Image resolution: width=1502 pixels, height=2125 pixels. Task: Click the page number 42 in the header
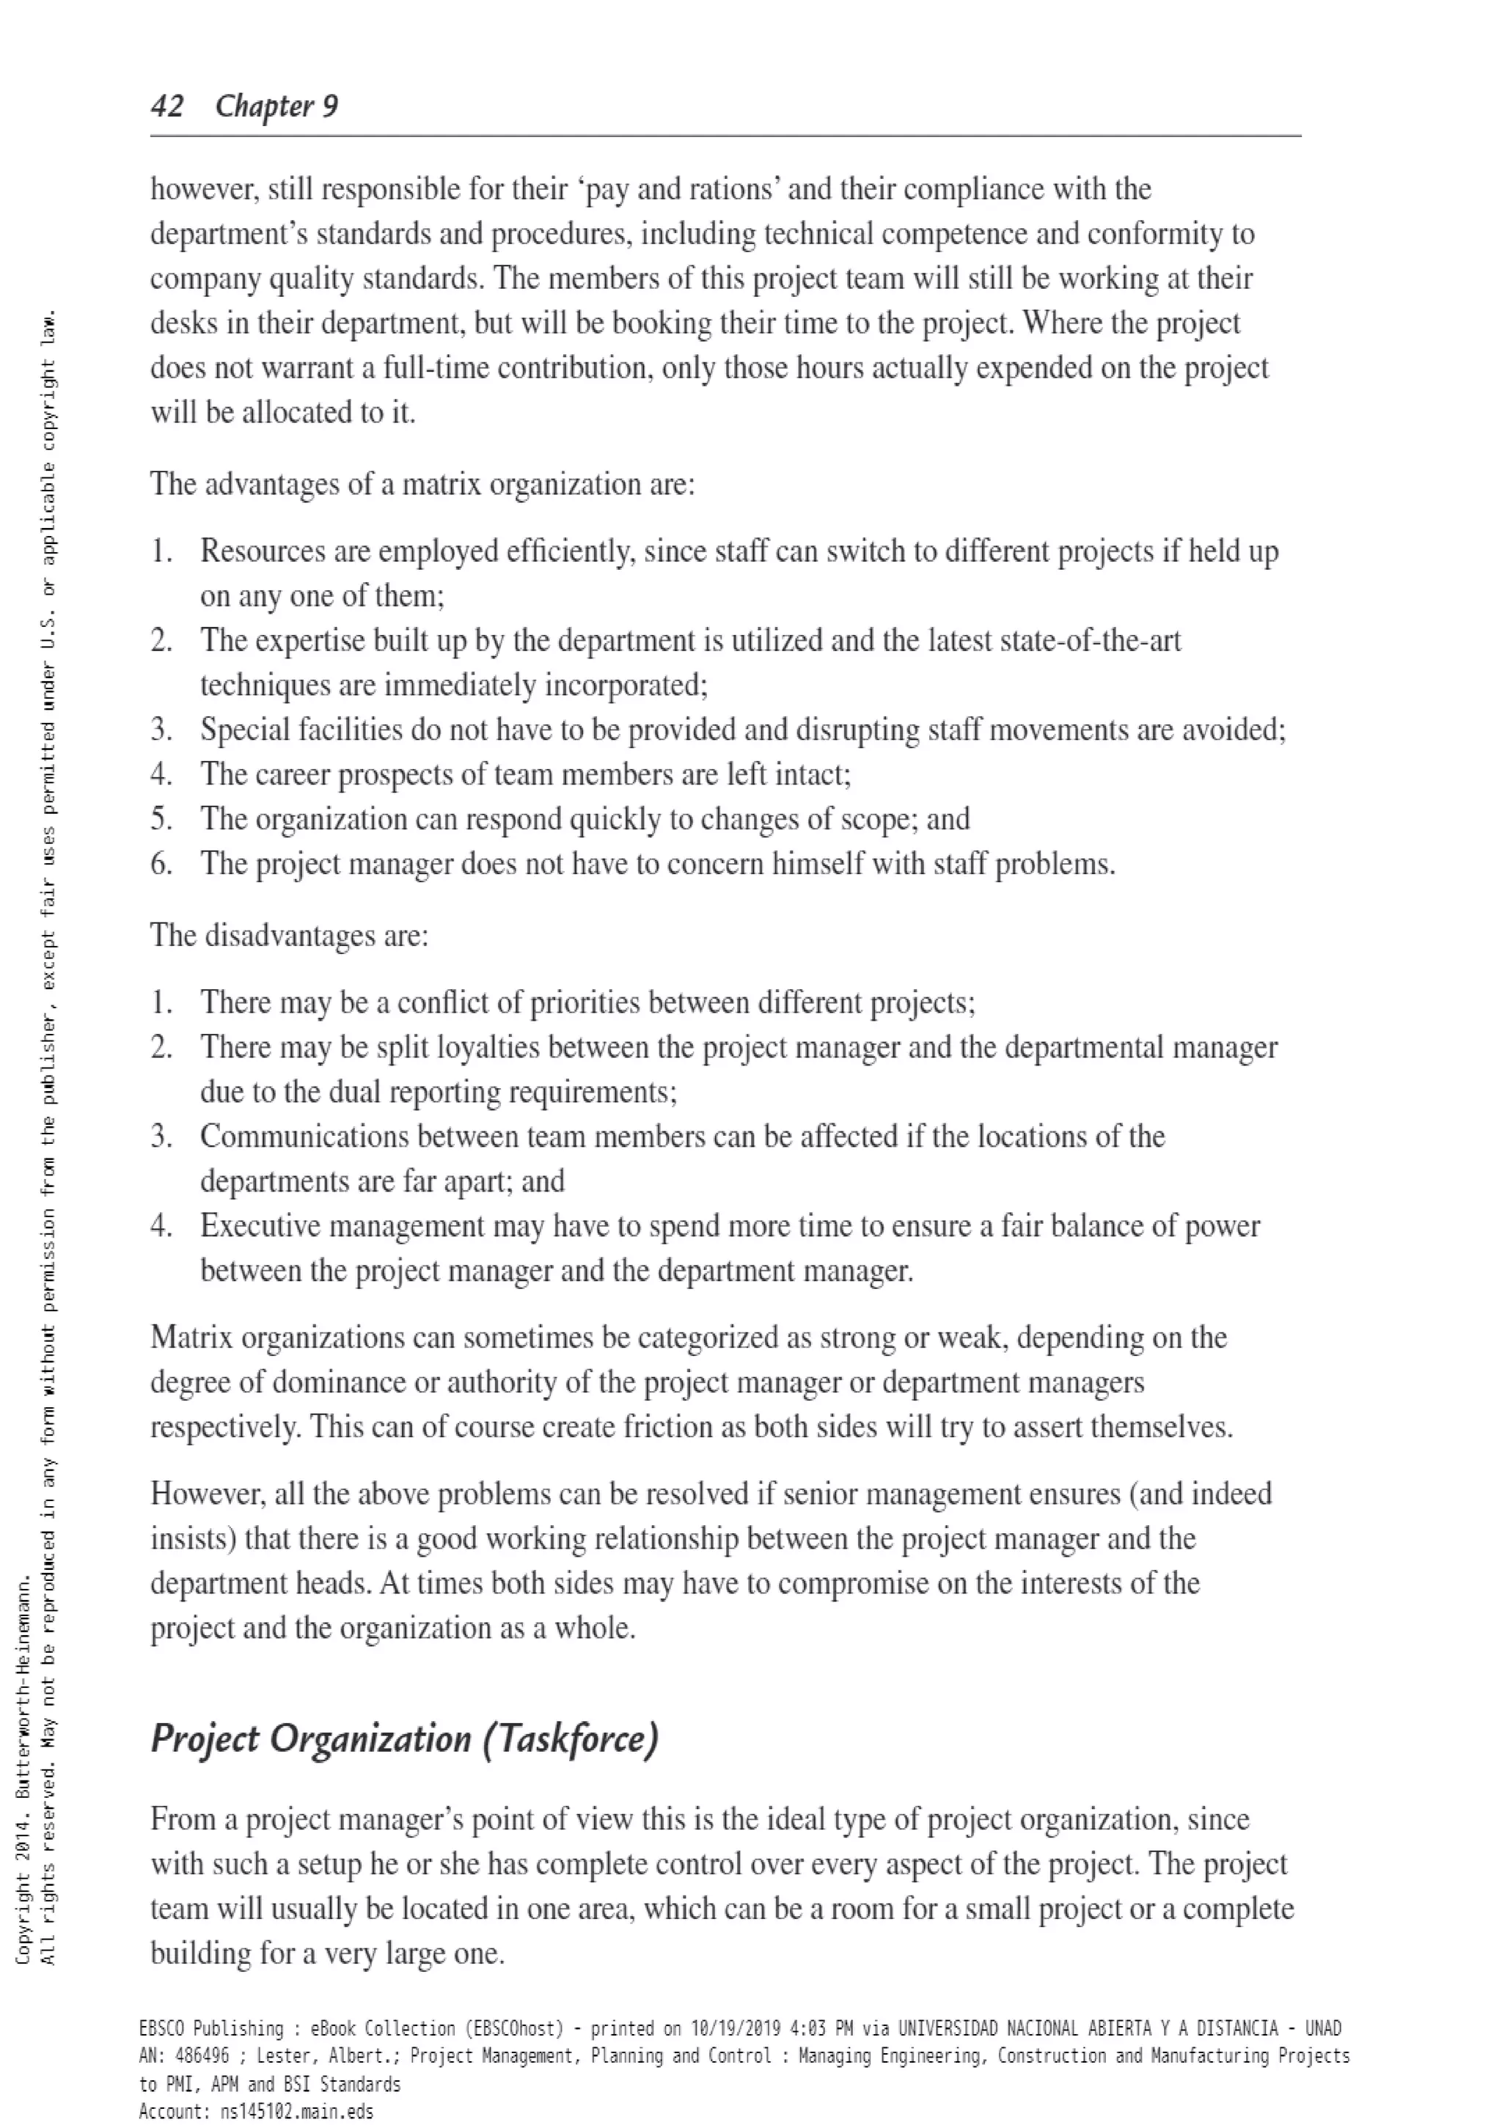[166, 106]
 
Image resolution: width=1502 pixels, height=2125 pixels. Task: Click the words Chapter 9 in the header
[276, 106]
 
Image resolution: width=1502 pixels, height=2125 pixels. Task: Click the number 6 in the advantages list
[161, 864]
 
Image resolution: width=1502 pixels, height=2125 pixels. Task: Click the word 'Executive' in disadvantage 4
[261, 1225]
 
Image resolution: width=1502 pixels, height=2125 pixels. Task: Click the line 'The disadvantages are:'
[290, 935]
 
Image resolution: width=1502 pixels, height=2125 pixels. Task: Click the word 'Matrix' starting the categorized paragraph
[191, 1337]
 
